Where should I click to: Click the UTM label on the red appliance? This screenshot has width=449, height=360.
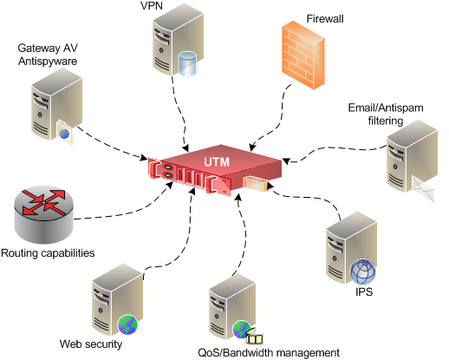coord(216,161)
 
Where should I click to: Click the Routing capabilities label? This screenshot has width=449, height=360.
coord(48,253)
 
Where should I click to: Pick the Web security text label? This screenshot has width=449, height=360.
coord(91,344)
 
